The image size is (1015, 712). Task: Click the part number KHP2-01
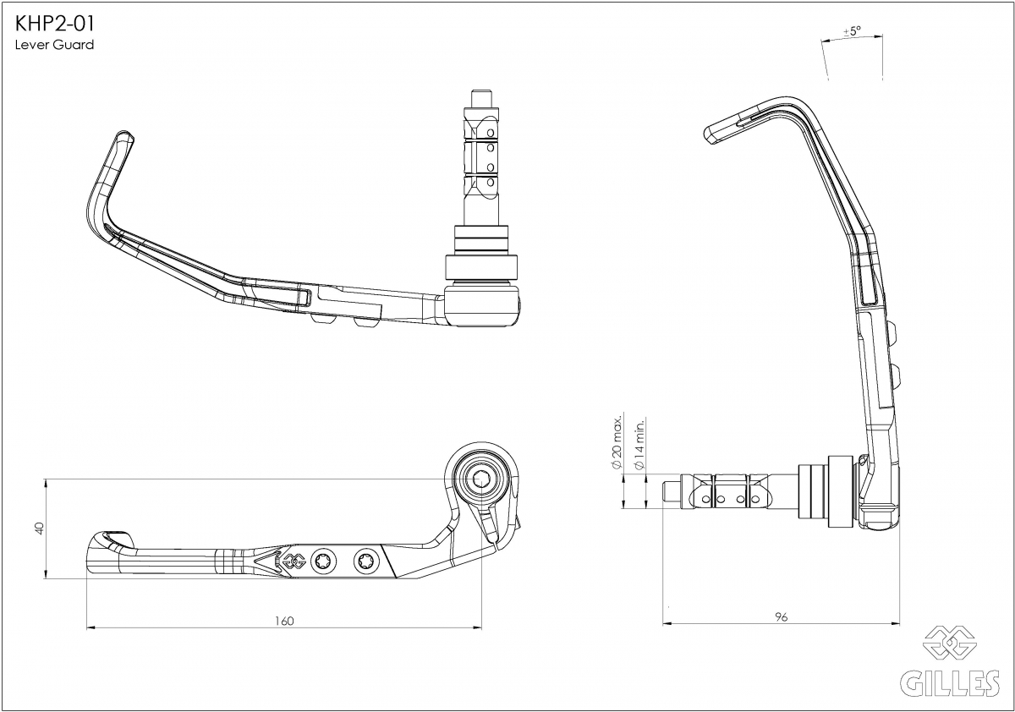55,24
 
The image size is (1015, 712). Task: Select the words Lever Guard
54,45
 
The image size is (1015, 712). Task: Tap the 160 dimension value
284,621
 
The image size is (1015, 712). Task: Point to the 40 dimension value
40,529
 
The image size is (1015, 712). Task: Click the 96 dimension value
782,617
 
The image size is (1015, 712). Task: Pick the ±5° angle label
852,31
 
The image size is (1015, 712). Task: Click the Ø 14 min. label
639,445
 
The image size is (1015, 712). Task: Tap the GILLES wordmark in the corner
950,683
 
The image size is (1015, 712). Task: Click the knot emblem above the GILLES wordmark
950,644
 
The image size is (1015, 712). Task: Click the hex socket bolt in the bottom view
480,479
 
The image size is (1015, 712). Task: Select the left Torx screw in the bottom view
325,562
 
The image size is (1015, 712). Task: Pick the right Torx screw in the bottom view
365,562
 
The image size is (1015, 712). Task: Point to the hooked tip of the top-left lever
124,135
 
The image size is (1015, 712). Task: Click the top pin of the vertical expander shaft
480,98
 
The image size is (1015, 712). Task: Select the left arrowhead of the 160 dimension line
91,627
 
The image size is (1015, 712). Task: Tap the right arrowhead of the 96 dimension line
896,624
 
